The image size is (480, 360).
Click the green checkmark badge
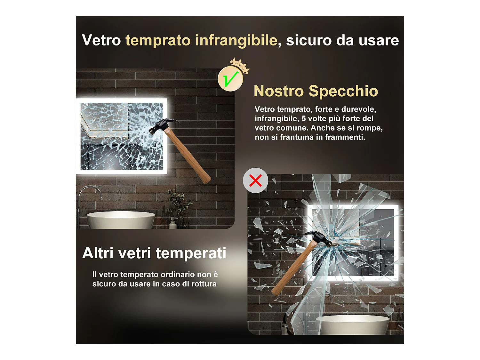tap(230, 79)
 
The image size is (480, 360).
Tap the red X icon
tap(255, 180)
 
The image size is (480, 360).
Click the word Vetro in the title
tap(101, 41)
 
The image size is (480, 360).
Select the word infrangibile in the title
tap(236, 41)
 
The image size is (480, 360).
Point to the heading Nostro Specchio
tap(316, 91)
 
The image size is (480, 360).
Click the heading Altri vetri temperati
tap(154, 253)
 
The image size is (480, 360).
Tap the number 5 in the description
tap(304, 119)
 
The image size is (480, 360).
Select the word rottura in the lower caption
tap(204, 284)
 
